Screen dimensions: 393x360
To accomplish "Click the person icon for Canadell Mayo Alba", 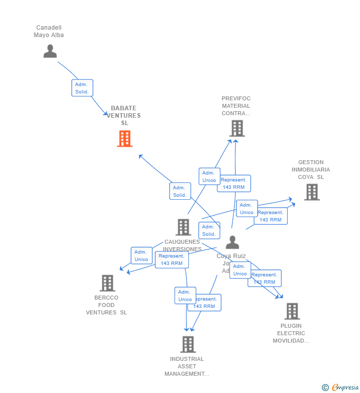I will coord(50,51).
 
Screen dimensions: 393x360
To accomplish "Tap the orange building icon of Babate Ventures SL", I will coord(125,139).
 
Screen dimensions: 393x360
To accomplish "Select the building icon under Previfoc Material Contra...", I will coord(237,128).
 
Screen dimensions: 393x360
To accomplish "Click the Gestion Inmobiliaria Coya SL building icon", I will coord(312,192).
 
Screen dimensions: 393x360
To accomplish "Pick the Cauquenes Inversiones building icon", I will coord(183,227).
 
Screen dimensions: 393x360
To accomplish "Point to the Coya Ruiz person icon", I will coord(232,243).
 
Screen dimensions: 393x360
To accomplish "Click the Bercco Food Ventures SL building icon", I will coord(107,283).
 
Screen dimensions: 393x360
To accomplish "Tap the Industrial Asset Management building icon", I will coord(188,344).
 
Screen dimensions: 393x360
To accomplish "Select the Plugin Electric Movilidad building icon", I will coord(292,311).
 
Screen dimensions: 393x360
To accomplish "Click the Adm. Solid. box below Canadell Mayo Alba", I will coord(82,88).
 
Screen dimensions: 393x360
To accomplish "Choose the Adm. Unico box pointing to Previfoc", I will coord(209,176).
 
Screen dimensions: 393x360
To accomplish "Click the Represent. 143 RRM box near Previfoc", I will coord(234,183).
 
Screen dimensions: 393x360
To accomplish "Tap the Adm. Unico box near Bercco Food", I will coord(141,256).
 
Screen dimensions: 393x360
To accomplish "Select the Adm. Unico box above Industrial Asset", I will coord(185,296).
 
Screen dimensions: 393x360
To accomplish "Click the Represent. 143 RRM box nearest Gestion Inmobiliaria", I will coord(271,216).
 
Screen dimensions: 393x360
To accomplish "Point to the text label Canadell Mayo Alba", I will coord(49,31).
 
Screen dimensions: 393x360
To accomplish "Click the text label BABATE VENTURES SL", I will coord(124,115).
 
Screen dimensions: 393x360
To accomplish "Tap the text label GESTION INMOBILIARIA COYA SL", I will coord(311,170).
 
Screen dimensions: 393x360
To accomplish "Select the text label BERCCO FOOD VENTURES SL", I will coord(106,305).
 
